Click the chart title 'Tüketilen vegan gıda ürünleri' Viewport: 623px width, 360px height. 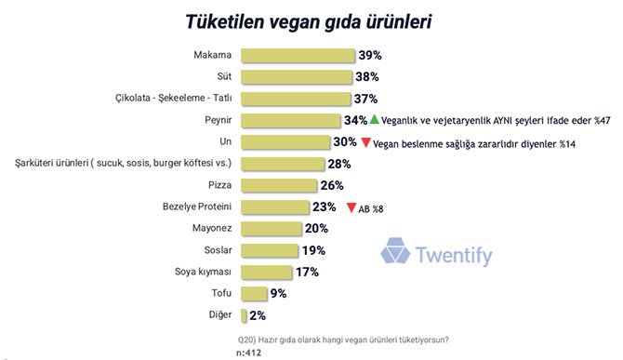coord(310,21)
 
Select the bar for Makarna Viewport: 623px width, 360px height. coord(298,55)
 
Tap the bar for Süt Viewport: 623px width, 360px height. coord(297,76)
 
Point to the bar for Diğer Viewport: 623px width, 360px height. coord(244,316)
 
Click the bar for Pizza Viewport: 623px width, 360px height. coord(280,185)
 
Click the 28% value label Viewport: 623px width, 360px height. coord(338,164)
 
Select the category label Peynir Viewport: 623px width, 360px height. coord(218,120)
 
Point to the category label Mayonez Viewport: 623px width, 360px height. coord(209,229)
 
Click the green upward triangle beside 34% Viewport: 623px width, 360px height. coord(374,120)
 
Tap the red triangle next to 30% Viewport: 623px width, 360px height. coord(366,142)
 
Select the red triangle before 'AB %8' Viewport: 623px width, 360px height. coord(351,208)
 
